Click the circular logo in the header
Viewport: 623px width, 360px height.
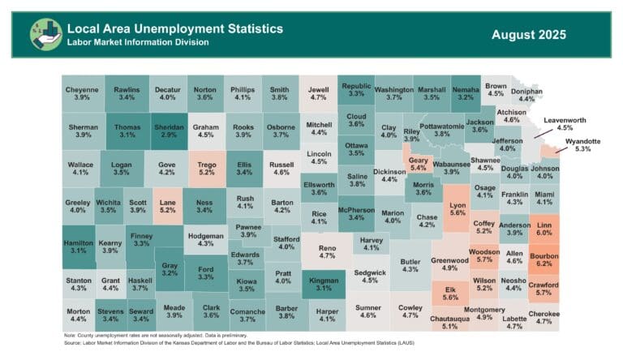tap(46, 35)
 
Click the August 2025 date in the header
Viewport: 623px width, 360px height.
tap(528, 35)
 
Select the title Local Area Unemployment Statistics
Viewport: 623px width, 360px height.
tap(175, 28)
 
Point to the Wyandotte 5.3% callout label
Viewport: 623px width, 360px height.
tap(578, 145)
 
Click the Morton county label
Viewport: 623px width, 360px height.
tap(79, 315)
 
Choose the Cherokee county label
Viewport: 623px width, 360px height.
tap(544, 318)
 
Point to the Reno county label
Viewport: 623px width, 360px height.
tap(327, 251)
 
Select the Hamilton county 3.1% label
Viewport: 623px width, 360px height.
tap(78, 246)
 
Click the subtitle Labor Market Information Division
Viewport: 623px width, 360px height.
tap(138, 42)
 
